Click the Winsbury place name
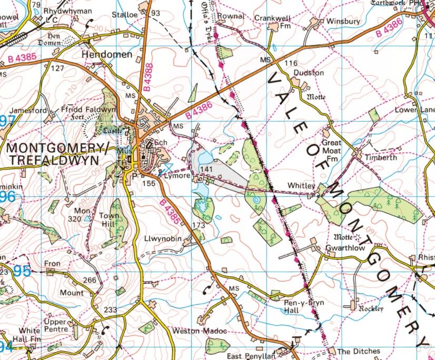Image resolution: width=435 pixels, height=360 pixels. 343,22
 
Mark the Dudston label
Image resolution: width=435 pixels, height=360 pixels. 308,73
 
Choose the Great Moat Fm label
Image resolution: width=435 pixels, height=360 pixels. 332,151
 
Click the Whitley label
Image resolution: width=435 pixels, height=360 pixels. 301,186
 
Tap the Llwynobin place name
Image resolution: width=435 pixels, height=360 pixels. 163,238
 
